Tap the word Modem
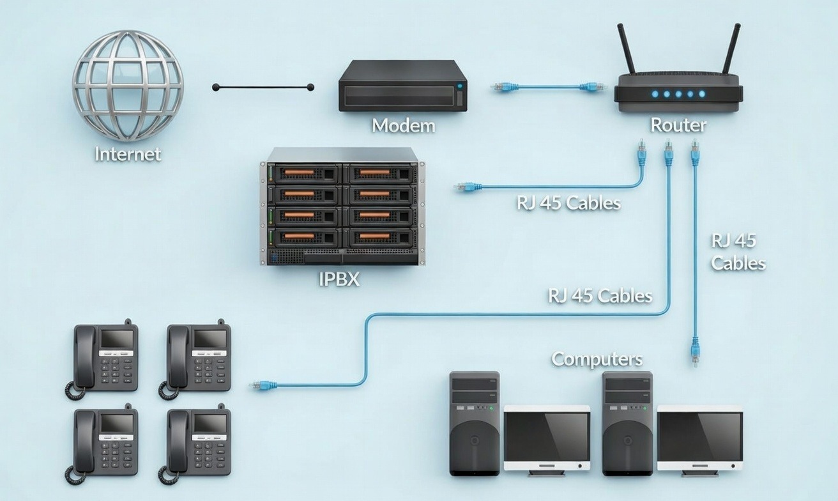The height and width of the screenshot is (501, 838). pyautogui.click(x=403, y=125)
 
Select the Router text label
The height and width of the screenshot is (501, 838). pyautogui.click(x=678, y=125)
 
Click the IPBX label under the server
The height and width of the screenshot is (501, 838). pyautogui.click(x=339, y=279)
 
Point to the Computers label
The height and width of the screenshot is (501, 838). pyautogui.click(x=597, y=359)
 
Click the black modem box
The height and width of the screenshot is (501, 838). pyautogui.click(x=403, y=86)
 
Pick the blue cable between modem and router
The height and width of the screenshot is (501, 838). pyautogui.click(x=547, y=86)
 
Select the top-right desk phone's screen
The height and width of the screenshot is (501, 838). pyautogui.click(x=209, y=339)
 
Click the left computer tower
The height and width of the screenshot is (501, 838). pyautogui.click(x=475, y=423)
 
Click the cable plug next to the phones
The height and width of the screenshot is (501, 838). pyautogui.click(x=263, y=385)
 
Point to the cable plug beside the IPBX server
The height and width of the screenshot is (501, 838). pyautogui.click(x=468, y=187)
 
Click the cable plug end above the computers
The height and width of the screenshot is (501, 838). pyautogui.click(x=695, y=352)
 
